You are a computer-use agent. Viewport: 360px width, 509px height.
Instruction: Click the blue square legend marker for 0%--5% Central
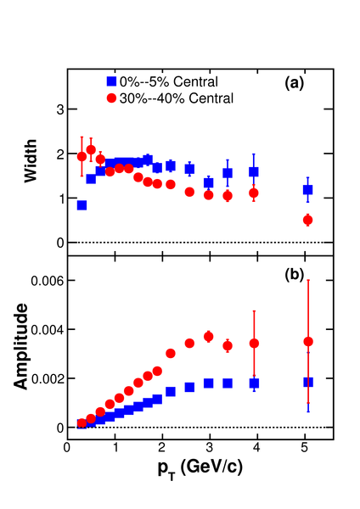tap(111, 81)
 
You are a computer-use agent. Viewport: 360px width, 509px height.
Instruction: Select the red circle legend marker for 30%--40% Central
tap(111, 98)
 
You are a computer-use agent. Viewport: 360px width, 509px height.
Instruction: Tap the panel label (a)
tap(294, 83)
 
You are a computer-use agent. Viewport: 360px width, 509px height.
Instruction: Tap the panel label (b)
tap(294, 275)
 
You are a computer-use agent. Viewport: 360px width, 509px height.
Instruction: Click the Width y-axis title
tap(31, 161)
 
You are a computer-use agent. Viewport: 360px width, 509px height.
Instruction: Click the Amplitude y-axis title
tap(20, 346)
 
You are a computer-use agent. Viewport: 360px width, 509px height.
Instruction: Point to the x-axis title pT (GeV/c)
tap(200, 468)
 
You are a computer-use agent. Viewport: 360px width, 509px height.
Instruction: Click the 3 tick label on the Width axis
tap(61, 109)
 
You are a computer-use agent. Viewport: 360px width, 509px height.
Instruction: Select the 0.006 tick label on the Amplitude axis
tap(48, 281)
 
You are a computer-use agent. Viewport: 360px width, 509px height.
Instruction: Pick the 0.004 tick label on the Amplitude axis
tap(48, 330)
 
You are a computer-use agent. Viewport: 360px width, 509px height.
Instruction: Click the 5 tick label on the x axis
tap(305, 448)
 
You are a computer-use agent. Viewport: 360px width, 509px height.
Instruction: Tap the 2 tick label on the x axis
tap(161, 448)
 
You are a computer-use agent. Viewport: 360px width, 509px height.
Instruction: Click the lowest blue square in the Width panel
tap(82, 205)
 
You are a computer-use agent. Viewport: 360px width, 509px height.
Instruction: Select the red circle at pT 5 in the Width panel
tap(307, 220)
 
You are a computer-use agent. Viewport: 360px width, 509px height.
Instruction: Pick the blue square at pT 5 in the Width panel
tap(307, 189)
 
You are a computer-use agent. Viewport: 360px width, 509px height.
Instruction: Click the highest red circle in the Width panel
tap(92, 149)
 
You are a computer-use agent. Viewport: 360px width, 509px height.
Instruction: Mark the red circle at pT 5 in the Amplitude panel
tap(308, 342)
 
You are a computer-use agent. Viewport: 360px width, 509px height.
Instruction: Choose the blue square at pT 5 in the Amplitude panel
tap(308, 382)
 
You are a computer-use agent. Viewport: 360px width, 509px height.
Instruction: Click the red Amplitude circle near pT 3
tap(209, 337)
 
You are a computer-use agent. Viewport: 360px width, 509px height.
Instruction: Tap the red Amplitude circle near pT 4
tap(254, 343)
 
